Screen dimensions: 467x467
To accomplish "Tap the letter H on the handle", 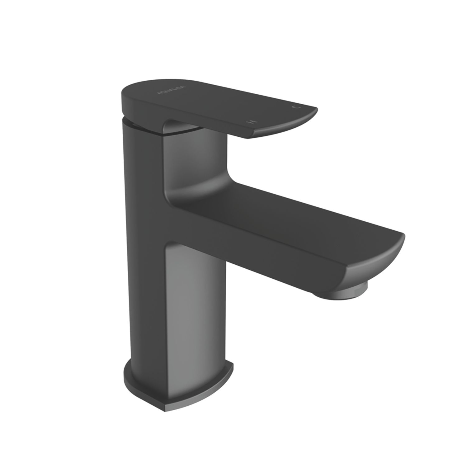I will [250, 121].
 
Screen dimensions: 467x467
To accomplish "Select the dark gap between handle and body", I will [137, 125].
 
